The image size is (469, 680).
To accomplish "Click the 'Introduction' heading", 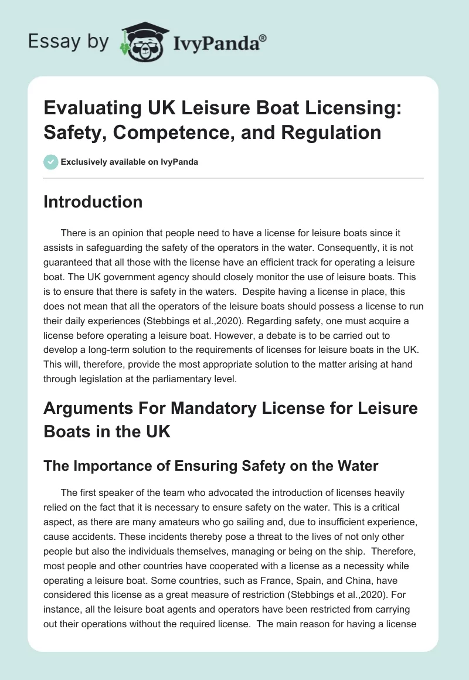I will point(93,202).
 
